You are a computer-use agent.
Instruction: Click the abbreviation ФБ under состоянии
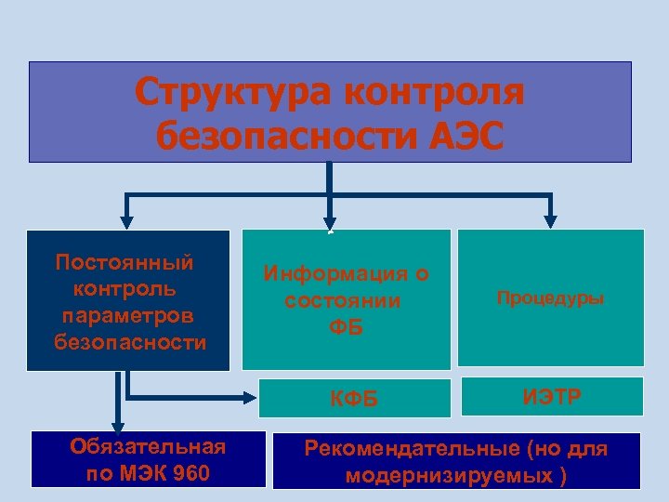coord(346,328)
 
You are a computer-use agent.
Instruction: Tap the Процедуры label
coord(550,298)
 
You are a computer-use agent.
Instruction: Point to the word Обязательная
coord(148,448)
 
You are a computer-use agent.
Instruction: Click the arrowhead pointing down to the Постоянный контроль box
coord(126,221)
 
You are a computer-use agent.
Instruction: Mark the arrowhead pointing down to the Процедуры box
coord(550,221)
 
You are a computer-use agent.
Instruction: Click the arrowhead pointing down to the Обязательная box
coord(117,426)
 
